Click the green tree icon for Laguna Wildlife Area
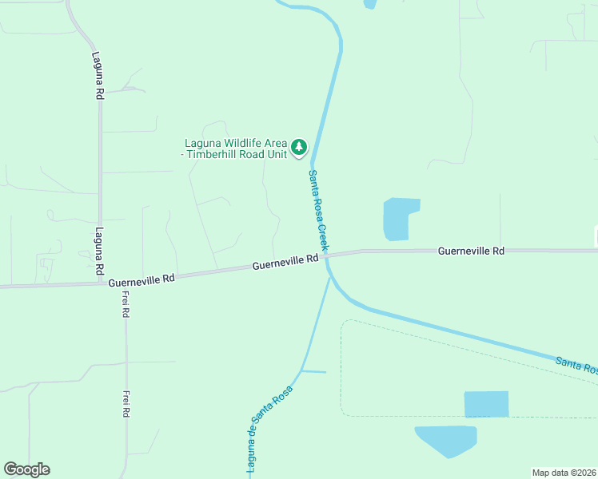(x=299, y=146)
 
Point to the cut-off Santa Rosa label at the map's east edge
(x=576, y=366)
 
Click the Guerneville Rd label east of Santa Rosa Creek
(x=471, y=251)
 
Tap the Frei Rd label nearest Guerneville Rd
(x=126, y=304)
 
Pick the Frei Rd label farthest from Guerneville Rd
(x=126, y=404)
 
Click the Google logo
(x=26, y=469)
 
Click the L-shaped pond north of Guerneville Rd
(x=398, y=218)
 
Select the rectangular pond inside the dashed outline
(x=486, y=404)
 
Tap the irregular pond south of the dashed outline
(x=447, y=439)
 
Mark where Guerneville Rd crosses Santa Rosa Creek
(x=327, y=256)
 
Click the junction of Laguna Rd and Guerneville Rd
(x=100, y=282)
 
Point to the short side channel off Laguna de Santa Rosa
(x=315, y=371)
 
